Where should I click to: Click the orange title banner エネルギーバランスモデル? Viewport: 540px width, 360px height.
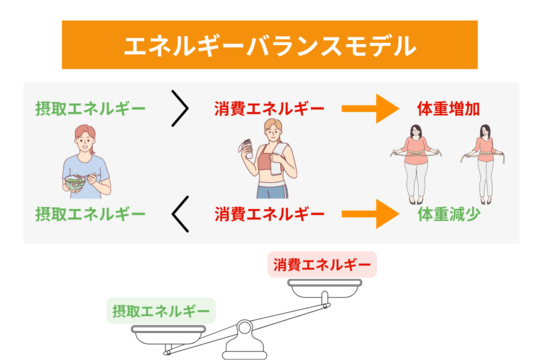[270, 45]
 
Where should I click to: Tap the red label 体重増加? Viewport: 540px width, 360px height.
[448, 109]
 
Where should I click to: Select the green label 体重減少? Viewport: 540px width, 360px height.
[449, 214]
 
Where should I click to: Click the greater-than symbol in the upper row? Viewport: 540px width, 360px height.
[180, 109]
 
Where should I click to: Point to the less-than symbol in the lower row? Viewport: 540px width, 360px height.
[180, 214]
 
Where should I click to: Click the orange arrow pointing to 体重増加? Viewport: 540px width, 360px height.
[370, 109]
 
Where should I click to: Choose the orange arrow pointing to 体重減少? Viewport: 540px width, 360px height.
[370, 214]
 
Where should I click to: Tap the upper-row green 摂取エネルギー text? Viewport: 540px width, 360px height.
[91, 109]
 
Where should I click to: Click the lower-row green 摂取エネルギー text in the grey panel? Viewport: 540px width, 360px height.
[91, 214]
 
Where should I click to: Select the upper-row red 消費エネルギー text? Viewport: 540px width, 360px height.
[269, 109]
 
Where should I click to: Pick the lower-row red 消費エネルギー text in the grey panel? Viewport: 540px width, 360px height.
[269, 214]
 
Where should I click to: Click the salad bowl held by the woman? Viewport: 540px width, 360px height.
[75, 183]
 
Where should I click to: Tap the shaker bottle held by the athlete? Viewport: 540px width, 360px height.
[247, 149]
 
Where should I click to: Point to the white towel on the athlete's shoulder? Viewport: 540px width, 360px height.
[278, 158]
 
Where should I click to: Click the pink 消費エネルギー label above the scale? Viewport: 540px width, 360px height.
[322, 265]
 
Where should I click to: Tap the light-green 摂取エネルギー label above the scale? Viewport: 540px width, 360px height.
[161, 311]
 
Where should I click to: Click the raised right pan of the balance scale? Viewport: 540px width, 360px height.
[325, 288]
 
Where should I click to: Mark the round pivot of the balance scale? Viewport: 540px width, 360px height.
[244, 328]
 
